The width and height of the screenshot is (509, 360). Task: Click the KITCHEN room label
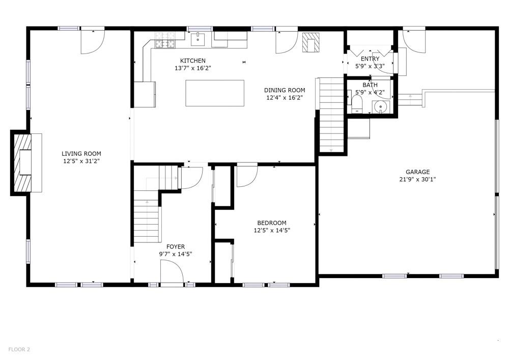coord(193,61)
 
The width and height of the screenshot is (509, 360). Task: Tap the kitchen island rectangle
coord(214,93)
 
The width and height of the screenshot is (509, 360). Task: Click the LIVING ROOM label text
coord(81,154)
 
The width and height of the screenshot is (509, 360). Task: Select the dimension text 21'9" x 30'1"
coord(417,179)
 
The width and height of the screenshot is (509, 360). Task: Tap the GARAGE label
coord(417,172)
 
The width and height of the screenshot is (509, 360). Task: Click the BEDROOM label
coord(272,223)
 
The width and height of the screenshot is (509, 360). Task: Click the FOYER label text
coord(176,247)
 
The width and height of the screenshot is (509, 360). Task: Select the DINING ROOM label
coord(285,91)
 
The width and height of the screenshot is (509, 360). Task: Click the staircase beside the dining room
coord(331,115)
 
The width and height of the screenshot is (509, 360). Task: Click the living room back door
coord(93,41)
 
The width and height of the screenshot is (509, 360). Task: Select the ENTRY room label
coord(370,59)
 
